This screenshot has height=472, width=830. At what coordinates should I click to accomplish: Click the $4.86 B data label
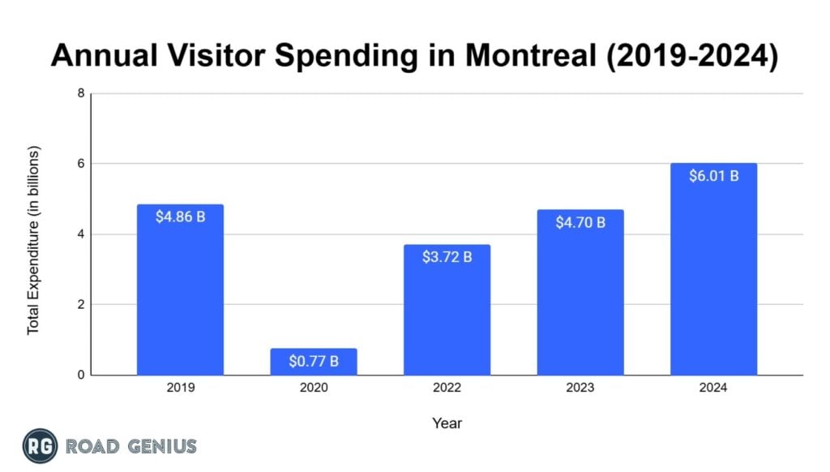180,217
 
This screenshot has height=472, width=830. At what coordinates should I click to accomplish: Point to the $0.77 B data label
314,362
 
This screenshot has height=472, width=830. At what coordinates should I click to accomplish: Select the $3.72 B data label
447,257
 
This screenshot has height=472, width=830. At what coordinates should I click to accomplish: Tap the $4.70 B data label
580,222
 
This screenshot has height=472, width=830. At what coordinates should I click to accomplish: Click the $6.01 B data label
713,176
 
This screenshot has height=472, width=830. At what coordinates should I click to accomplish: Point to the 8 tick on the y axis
81,93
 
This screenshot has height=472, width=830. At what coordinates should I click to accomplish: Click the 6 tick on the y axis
81,164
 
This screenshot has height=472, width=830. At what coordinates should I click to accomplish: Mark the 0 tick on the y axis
81,375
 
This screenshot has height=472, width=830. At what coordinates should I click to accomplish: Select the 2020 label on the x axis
314,388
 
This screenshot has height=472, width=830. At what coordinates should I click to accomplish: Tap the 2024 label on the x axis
713,388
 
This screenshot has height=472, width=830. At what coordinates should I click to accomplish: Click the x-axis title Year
447,423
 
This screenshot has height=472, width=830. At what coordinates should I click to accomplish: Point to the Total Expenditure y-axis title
33,241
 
